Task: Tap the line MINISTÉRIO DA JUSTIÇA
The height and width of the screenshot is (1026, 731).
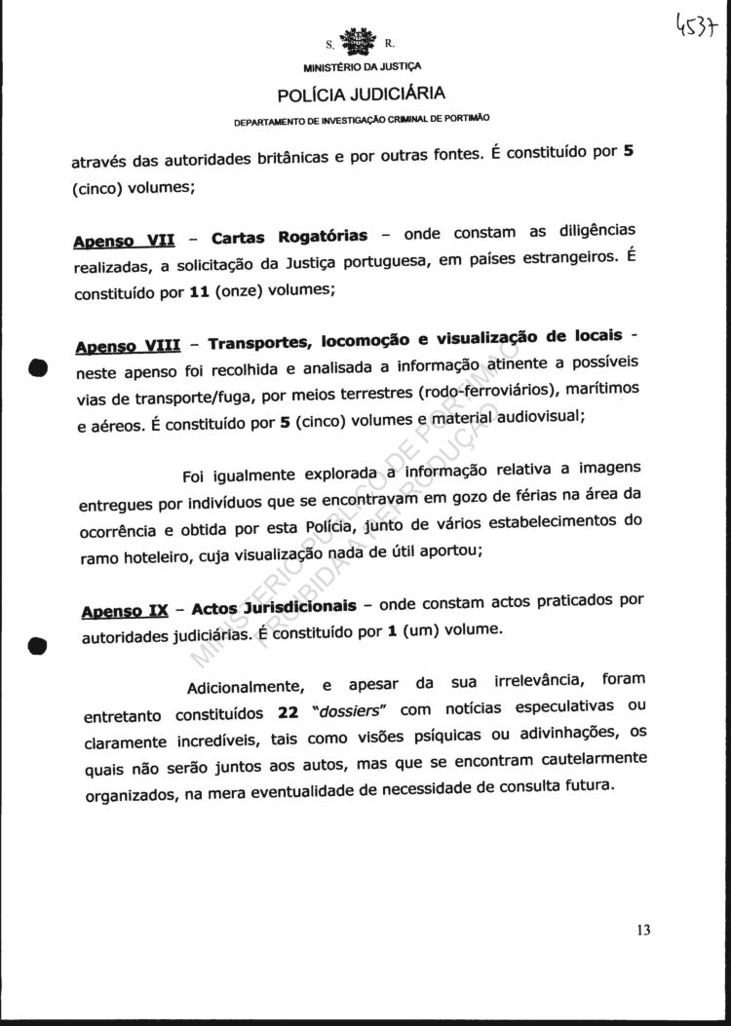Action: pos(363,68)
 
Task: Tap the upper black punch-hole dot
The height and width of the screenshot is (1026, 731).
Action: pos(37,369)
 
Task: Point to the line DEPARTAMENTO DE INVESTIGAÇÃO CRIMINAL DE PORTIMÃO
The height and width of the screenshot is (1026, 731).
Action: pos(362,121)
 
